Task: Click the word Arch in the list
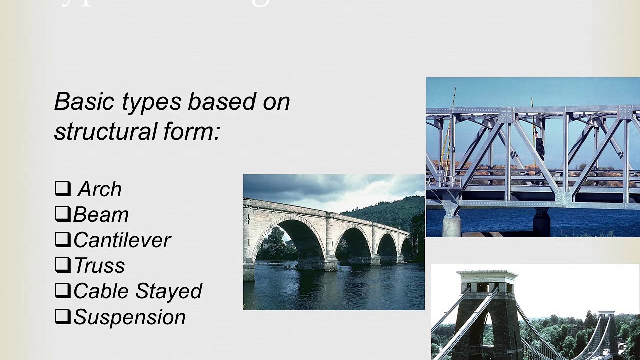[100, 189]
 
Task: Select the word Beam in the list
[101, 215]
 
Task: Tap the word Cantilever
[122, 240]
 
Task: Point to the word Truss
[99, 266]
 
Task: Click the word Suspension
[129, 317]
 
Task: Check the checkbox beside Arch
[62, 188]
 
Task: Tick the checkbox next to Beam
[62, 214]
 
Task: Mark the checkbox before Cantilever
[62, 239]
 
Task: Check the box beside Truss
[62, 265]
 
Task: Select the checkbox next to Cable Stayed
[62, 291]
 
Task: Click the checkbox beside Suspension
[62, 316]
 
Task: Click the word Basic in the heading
[85, 101]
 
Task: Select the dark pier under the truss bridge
[542, 222]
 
